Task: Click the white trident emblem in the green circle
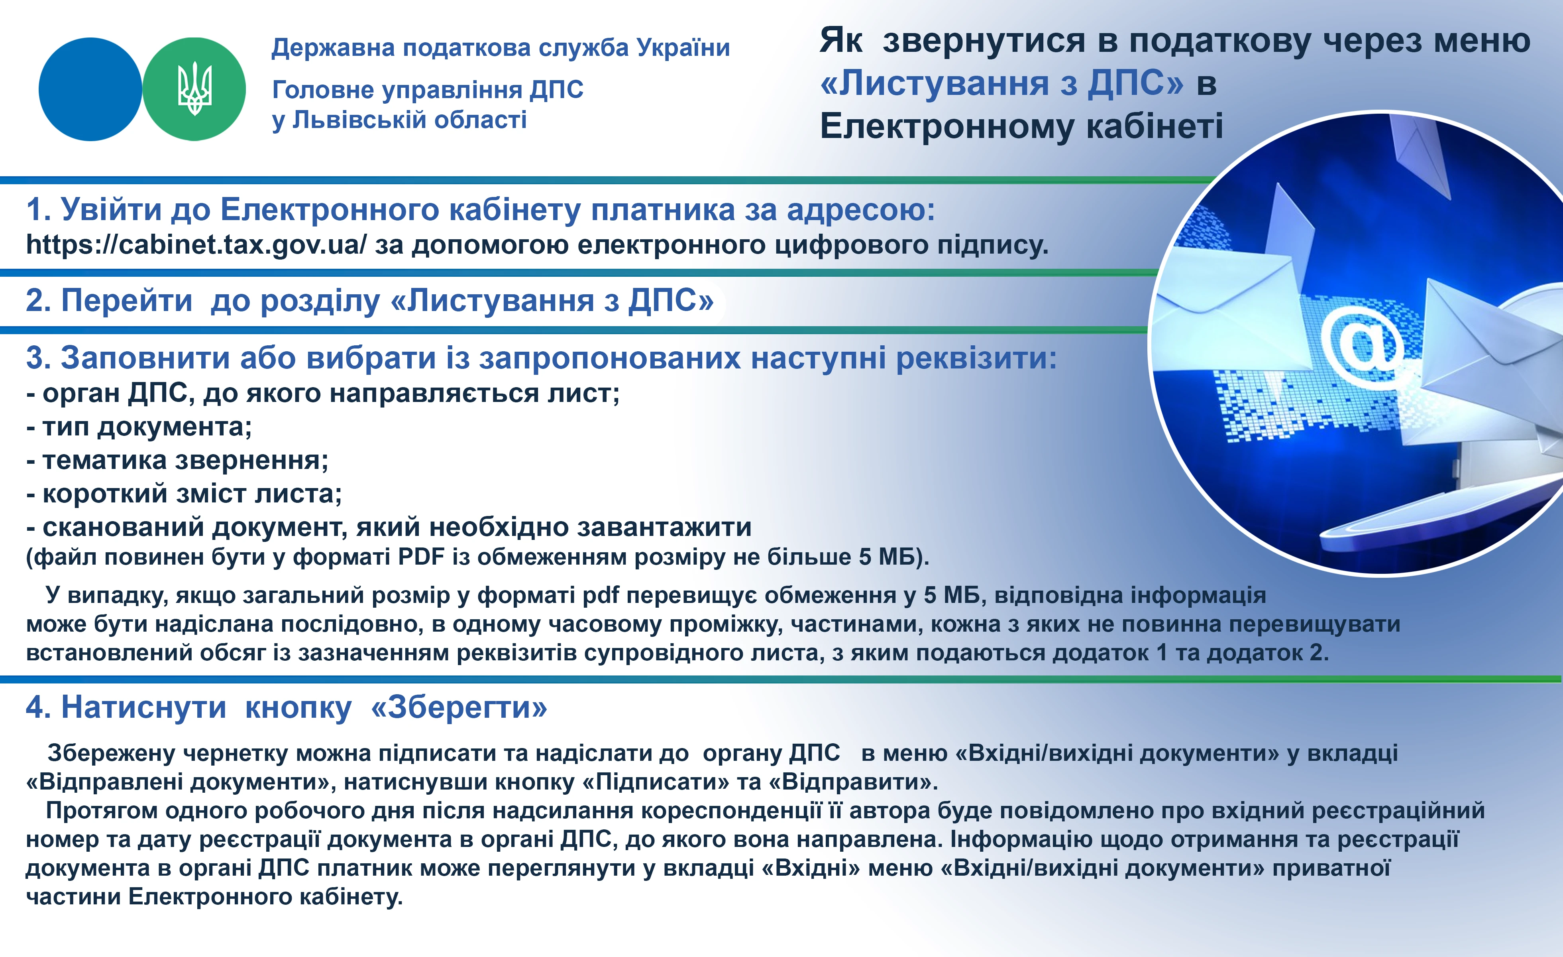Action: pyautogui.click(x=194, y=89)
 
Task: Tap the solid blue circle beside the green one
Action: pyautogui.click(x=90, y=89)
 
